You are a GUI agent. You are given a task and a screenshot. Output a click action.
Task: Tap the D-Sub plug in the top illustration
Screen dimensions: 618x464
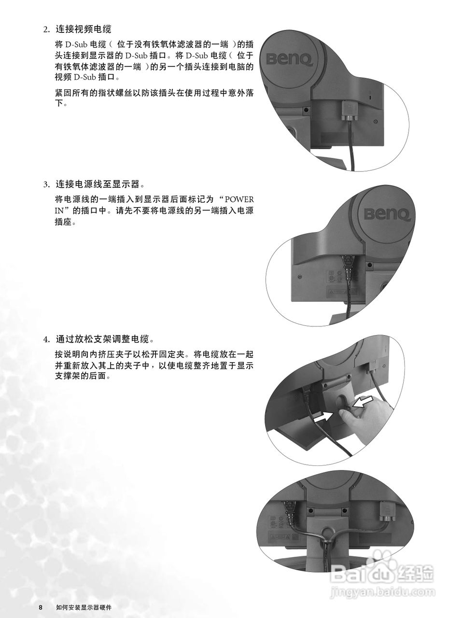(x=348, y=111)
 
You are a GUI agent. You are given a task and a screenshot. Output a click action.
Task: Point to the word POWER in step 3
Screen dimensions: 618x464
(x=239, y=199)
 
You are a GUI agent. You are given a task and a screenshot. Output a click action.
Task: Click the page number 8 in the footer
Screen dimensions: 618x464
(x=41, y=607)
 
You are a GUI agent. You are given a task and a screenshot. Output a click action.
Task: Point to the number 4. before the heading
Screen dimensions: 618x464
(x=47, y=339)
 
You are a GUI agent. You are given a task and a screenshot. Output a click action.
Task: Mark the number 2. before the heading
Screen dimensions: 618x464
(x=47, y=30)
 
